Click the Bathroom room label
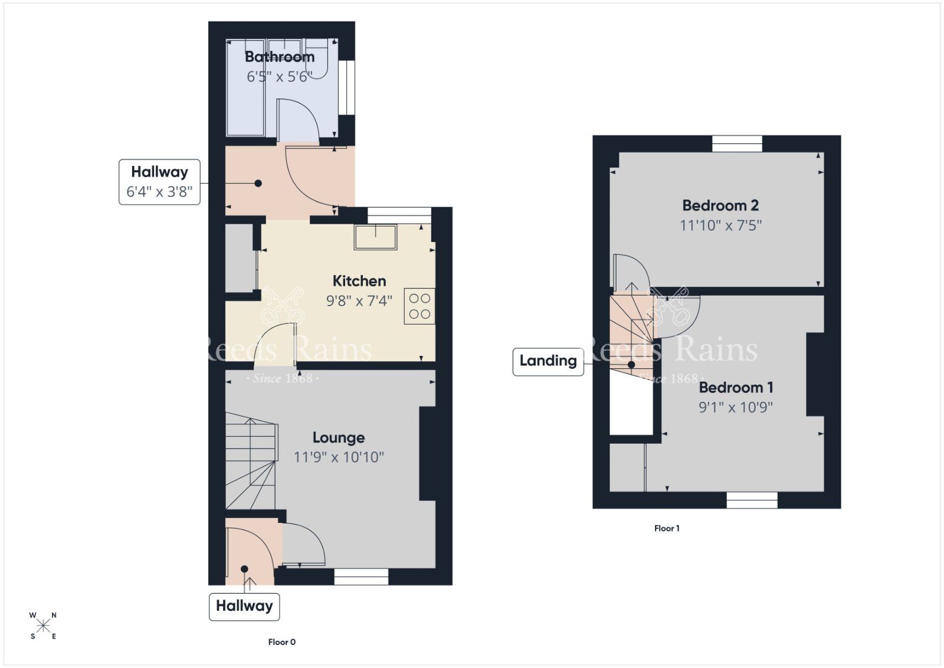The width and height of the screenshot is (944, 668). (279, 57)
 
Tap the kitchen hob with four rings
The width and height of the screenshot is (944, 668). (419, 306)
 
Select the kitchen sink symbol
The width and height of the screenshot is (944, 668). (375, 237)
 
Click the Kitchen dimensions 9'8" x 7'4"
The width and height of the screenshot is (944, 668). (359, 301)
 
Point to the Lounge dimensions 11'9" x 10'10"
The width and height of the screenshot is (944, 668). (339, 457)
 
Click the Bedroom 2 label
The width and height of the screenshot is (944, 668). (720, 205)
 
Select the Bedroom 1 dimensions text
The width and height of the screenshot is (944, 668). (736, 407)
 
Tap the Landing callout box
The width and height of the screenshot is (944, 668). (548, 361)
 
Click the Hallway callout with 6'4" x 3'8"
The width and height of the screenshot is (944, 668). (159, 182)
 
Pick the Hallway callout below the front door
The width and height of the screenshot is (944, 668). (244, 606)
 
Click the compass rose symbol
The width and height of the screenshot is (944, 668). (43, 626)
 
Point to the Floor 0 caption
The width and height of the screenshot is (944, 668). (281, 642)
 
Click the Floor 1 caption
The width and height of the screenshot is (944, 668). (667, 528)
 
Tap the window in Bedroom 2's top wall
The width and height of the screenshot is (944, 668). (737, 143)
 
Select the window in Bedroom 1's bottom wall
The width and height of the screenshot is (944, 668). (752, 500)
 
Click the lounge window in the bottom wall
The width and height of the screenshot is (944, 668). (361, 577)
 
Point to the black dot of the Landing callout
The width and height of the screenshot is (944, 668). (631, 365)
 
